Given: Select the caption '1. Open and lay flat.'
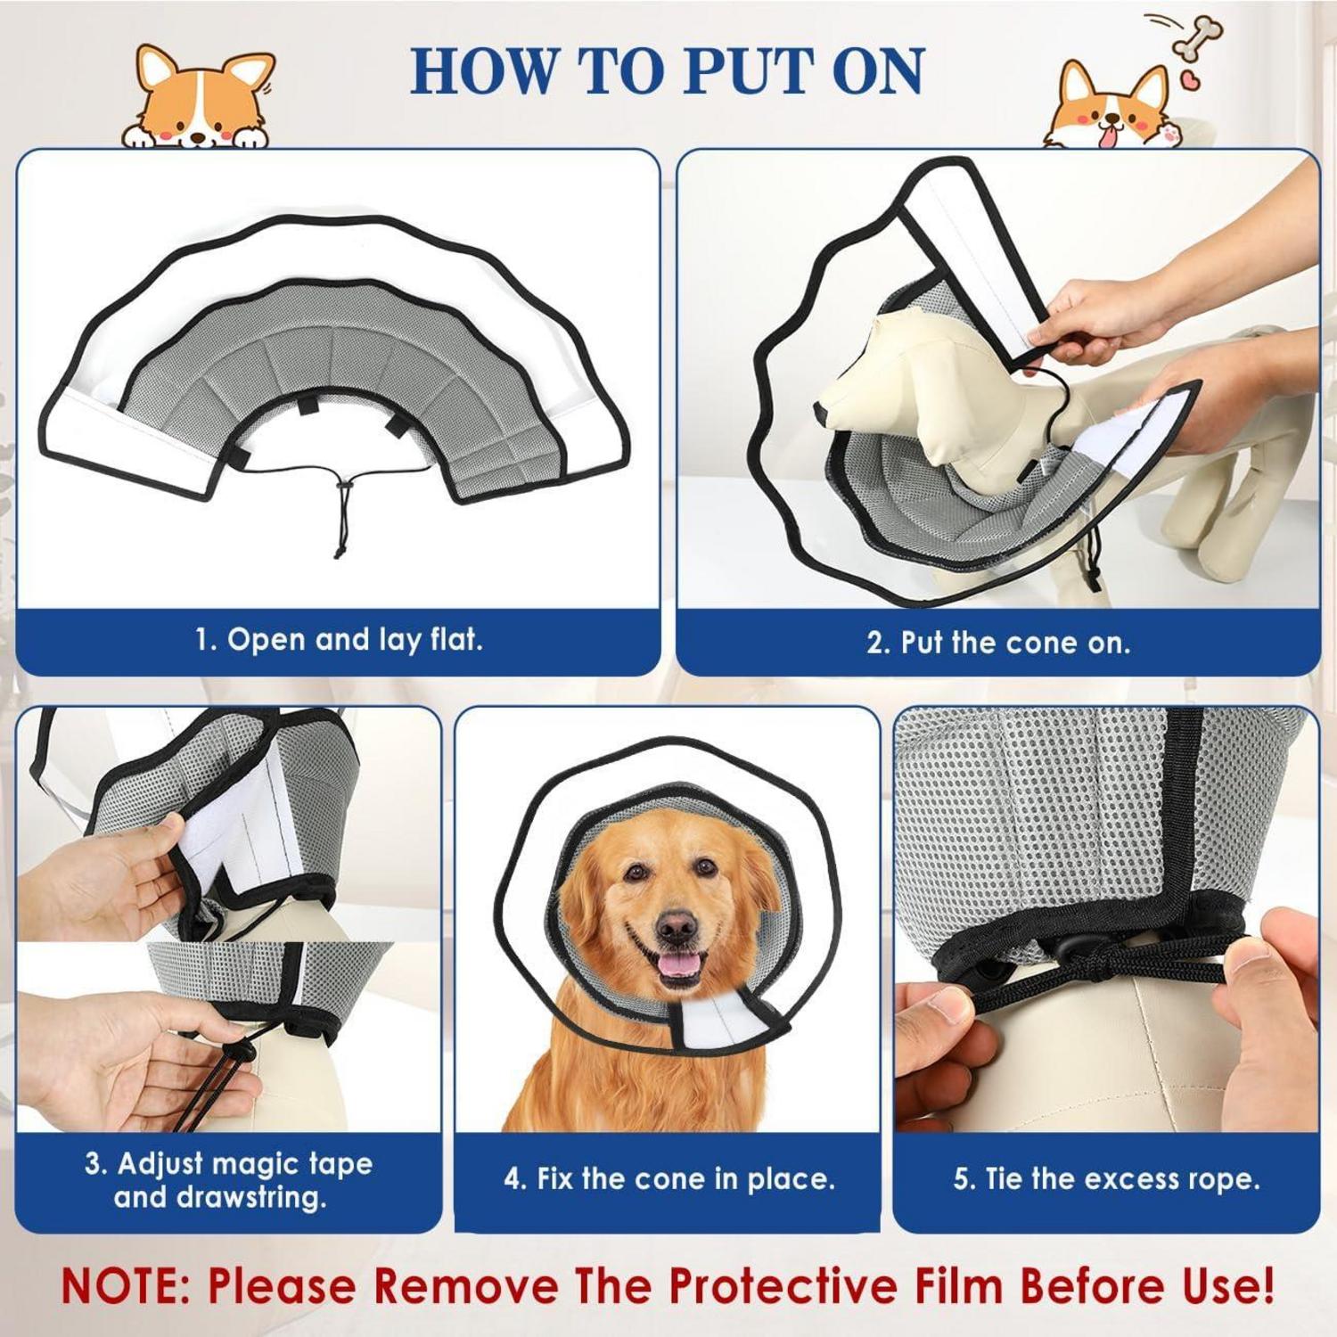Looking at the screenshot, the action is (339, 639).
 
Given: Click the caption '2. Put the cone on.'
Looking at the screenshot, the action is (998, 643).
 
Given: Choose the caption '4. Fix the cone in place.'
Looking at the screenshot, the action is (668, 1178).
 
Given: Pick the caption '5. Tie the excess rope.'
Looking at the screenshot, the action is (1106, 1178).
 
